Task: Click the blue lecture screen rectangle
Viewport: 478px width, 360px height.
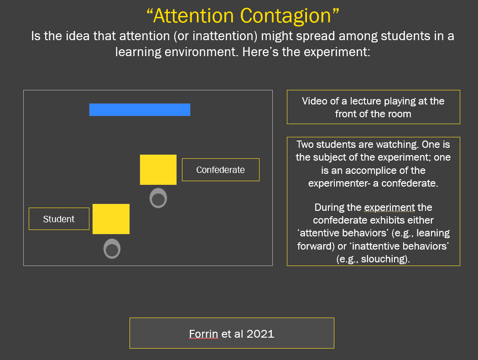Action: [140, 110]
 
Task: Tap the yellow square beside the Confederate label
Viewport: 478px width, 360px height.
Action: [158, 170]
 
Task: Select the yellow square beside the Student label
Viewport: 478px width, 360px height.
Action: [111, 219]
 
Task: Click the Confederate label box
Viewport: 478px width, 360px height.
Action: [221, 170]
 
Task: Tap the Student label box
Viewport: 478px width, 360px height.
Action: [59, 219]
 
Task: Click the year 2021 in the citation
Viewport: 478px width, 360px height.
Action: [260, 334]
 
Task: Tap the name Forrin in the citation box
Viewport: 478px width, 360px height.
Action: [203, 334]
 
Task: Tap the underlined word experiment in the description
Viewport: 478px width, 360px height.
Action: [390, 208]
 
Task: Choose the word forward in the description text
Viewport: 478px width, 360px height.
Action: [316, 246]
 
